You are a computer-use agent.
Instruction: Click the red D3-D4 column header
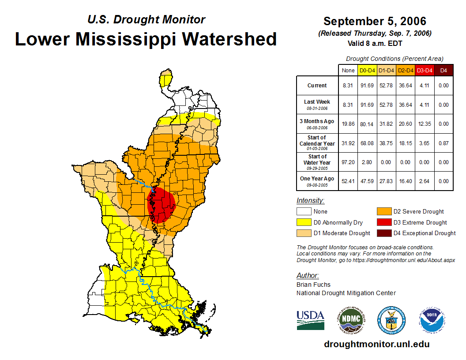(x=425, y=70)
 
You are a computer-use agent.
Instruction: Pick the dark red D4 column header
(x=444, y=70)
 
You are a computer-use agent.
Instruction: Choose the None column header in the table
(x=348, y=70)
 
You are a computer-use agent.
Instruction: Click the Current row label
(x=317, y=86)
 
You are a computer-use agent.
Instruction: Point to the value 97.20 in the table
(x=348, y=162)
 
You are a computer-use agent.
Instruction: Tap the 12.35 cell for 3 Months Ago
(x=425, y=124)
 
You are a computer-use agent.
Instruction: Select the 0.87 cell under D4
(x=444, y=143)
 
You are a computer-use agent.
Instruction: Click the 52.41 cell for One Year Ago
(x=348, y=181)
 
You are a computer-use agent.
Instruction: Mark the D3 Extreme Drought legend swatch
(x=383, y=222)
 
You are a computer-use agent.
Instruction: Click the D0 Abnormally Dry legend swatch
(x=304, y=222)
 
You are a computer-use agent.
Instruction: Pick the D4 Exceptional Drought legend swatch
(x=383, y=233)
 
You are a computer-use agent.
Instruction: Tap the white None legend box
(x=304, y=212)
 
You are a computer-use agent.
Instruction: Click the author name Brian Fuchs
(x=313, y=285)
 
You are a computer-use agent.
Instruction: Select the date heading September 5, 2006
(x=375, y=21)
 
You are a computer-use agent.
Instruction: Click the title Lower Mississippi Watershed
(x=146, y=39)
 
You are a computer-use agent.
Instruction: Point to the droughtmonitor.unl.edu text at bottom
(x=376, y=344)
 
